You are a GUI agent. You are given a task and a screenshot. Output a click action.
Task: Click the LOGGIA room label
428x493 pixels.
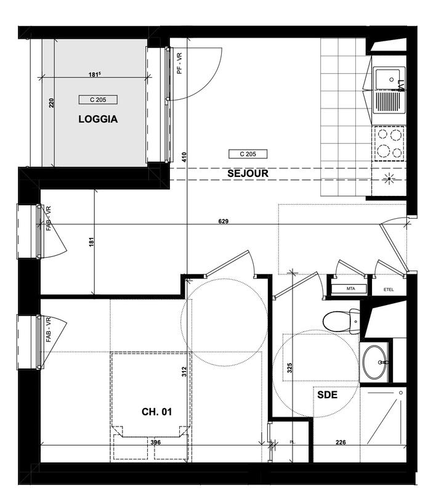point(98,120)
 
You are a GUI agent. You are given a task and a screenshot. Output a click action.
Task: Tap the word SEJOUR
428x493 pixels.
point(248,173)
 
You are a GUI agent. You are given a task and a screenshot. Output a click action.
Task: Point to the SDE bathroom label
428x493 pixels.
point(327,396)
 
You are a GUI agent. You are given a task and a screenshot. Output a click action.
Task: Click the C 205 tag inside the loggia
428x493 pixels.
point(98,100)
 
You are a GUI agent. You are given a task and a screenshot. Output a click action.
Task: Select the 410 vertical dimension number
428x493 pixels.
point(184,157)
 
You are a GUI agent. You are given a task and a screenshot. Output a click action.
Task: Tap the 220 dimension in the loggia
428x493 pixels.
point(52,103)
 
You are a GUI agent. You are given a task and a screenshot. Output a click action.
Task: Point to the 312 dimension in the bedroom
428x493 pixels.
point(184,372)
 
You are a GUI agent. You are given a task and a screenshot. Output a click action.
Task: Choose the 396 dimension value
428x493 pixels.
point(156,442)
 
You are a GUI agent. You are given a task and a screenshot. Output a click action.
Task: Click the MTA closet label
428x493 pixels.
point(350,288)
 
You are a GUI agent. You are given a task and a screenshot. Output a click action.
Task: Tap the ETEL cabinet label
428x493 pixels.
point(389,288)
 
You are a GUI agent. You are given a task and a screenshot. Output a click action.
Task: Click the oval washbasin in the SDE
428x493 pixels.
point(375,362)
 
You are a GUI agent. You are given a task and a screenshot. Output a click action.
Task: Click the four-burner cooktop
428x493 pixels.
point(389,142)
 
